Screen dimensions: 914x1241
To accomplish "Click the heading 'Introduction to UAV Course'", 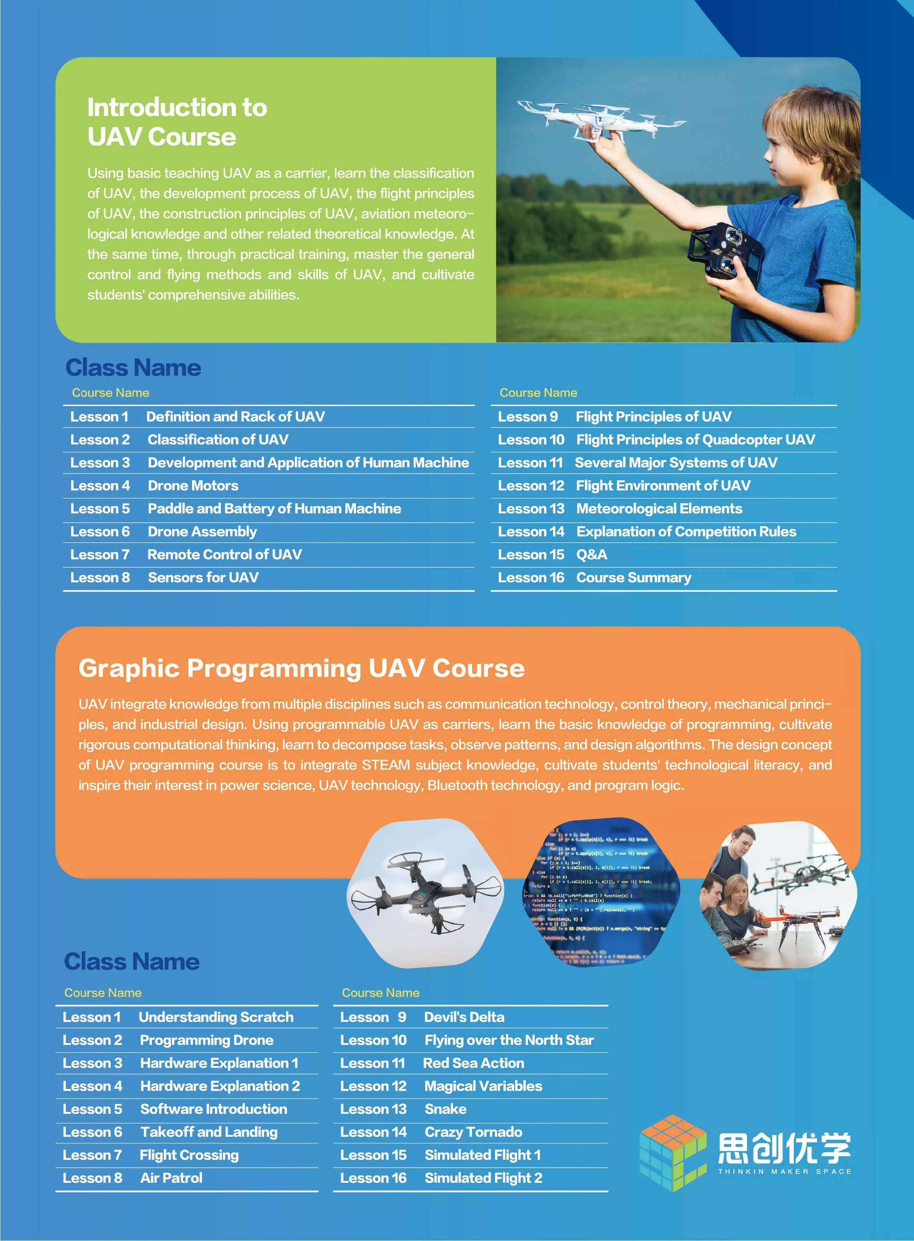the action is (x=177, y=122).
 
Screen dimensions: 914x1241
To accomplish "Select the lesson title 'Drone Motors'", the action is (x=193, y=486).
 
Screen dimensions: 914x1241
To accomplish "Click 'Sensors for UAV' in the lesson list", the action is (x=203, y=578).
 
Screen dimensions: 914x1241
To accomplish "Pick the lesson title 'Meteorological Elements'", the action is (x=659, y=509).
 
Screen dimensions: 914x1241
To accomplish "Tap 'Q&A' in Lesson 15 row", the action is (x=592, y=554).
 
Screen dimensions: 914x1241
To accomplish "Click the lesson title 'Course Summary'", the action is (x=634, y=578).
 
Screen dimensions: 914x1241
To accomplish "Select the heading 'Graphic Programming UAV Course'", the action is (x=301, y=668).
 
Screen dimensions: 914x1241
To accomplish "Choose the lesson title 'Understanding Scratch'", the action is (x=216, y=1017).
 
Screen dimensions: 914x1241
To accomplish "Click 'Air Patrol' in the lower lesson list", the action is (x=171, y=1178).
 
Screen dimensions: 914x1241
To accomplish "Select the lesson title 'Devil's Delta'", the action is (x=464, y=1017).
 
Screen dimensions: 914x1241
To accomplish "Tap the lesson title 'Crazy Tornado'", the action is (x=473, y=1132).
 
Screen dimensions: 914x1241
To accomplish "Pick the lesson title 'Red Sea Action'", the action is (x=473, y=1063).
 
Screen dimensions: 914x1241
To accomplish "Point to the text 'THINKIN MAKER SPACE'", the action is (x=785, y=1171).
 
